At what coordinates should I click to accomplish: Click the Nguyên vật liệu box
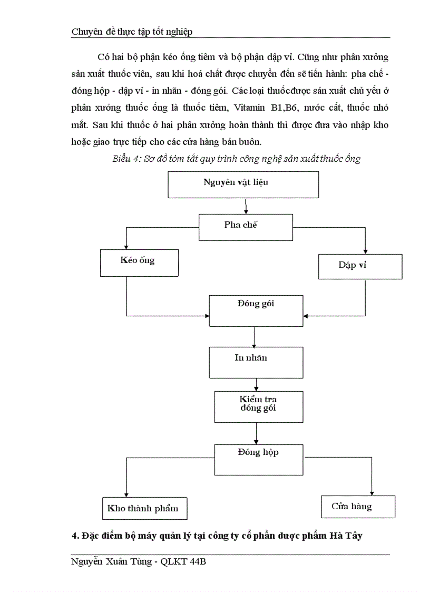(x=243, y=185)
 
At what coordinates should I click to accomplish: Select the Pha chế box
(x=245, y=227)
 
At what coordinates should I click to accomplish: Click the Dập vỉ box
(x=353, y=266)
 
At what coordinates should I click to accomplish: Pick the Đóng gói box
(x=256, y=311)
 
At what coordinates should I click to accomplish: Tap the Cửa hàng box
(x=357, y=507)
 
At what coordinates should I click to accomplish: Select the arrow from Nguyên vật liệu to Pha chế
(x=246, y=206)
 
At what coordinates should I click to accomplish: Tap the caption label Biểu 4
(x=125, y=159)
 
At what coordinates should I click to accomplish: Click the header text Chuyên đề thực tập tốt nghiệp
(x=132, y=32)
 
